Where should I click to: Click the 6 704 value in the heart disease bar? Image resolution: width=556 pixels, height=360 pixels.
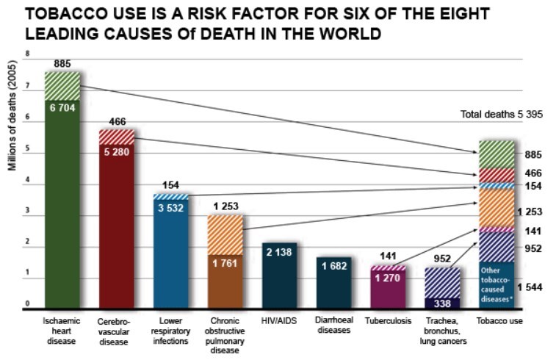(x=62, y=107)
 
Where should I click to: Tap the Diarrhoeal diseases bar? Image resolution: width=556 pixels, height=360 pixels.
(x=333, y=283)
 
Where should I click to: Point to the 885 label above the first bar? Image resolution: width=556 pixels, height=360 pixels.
(x=62, y=65)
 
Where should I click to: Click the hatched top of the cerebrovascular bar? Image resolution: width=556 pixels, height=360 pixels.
(x=117, y=137)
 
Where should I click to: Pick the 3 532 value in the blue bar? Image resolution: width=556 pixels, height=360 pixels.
(x=170, y=206)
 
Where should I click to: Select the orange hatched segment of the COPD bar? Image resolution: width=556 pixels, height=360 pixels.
(x=225, y=234)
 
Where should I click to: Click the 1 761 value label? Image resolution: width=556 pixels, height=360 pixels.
(x=225, y=263)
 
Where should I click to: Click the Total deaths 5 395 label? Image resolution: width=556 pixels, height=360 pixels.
(x=502, y=115)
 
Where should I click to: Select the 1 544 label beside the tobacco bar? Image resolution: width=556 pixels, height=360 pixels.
(x=535, y=287)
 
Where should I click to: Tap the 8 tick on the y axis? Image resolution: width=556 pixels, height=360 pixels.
(x=27, y=54)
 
